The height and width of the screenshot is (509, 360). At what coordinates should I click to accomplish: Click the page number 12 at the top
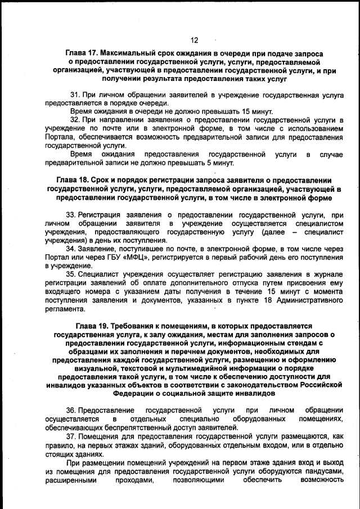pyautogui.click(x=194, y=40)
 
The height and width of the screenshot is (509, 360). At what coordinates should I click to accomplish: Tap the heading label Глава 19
pyautogui.click(x=93, y=326)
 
